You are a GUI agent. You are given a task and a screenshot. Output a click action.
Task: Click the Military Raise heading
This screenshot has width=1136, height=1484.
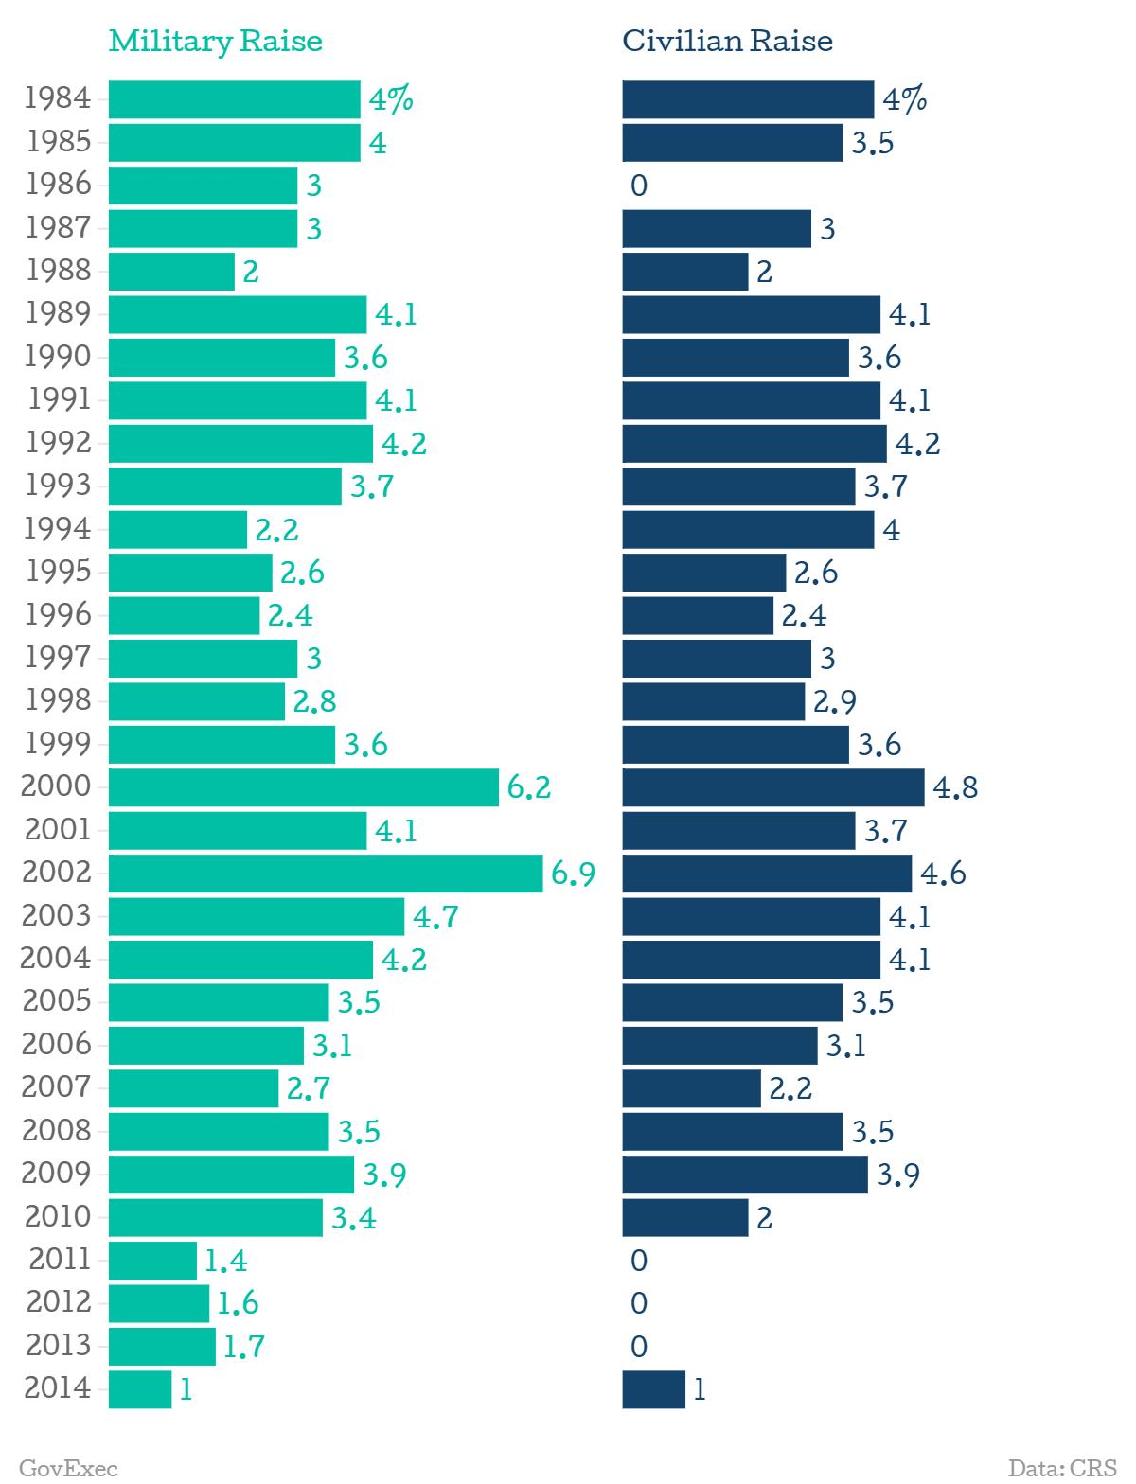pos(216,42)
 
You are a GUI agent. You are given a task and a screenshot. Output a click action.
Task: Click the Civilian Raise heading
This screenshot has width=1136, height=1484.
pos(727,42)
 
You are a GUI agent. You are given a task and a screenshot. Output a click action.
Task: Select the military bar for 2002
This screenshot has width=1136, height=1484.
pos(326,874)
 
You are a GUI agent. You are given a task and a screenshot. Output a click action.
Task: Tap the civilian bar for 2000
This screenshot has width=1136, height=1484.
pos(772,787)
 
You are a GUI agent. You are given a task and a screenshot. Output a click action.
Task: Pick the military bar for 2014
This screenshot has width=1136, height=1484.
pos(140,1389)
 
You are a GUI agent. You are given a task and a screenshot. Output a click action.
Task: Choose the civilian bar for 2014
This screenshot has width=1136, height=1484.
pos(653,1389)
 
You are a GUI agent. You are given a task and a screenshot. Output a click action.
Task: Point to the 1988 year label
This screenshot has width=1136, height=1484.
pos(59,271)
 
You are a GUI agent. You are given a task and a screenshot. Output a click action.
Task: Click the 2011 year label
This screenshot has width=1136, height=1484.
pos(60,1260)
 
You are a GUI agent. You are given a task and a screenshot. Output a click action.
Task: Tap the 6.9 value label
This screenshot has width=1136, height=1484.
pos(573,874)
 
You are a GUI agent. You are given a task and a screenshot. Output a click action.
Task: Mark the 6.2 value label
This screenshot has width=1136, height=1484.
pos(528,787)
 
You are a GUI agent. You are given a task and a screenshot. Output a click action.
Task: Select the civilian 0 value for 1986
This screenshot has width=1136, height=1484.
pos(639,185)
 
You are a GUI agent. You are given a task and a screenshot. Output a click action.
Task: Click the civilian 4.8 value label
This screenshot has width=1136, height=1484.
pos(955,787)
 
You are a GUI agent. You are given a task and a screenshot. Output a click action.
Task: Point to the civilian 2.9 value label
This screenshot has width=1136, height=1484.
pos(834,701)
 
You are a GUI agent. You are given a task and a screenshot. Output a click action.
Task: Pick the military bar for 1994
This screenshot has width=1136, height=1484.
pos(178,529)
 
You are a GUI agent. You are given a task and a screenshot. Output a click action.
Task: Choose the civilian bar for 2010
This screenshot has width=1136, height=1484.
pos(684,1217)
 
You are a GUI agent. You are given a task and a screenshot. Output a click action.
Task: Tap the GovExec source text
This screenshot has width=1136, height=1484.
pos(68,1468)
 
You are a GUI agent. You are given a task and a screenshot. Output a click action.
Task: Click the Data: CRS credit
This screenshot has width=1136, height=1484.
pos(1062,1468)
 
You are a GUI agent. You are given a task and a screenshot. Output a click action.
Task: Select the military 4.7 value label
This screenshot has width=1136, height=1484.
pos(435,917)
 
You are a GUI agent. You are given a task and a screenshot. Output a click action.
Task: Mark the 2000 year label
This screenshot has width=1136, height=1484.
pos(56,786)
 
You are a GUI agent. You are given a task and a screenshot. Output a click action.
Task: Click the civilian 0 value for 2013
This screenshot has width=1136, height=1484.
pos(639,1346)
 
